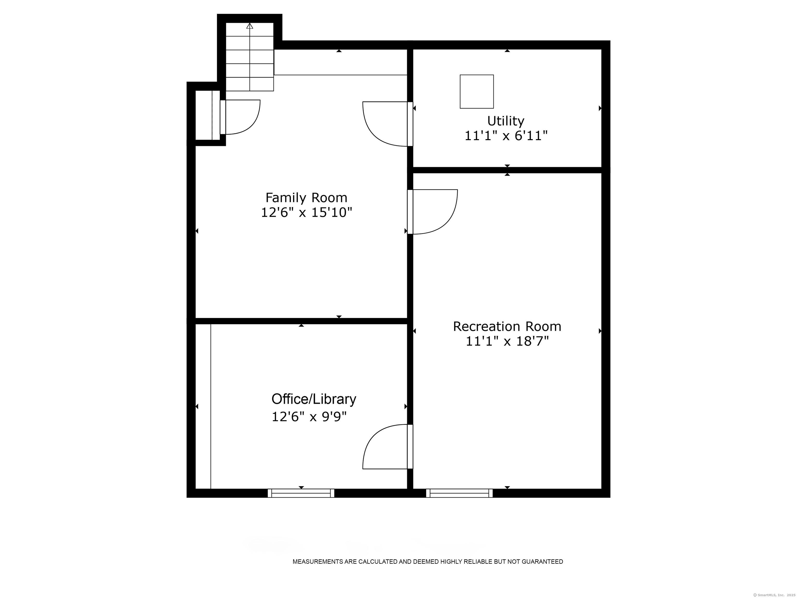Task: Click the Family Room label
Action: coord(306,198)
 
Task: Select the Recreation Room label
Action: coord(507,327)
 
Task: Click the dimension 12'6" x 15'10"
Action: coord(306,213)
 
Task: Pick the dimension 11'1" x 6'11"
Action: coord(506,136)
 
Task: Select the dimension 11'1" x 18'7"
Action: coord(507,341)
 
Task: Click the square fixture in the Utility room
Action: coord(476,92)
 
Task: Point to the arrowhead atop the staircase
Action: coord(250,26)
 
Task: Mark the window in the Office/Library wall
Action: coord(301,493)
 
